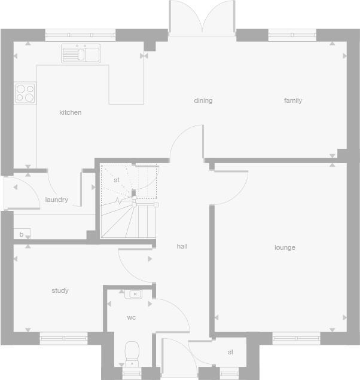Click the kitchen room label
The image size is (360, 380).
pos(70,112)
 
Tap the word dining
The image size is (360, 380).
pos(203,100)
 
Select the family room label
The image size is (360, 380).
pos(293,100)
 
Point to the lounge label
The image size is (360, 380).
pos(285,247)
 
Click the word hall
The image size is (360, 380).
pos(182,246)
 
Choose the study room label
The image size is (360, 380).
pos(60,290)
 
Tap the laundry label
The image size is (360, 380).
pos(57,200)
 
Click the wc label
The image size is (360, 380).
pos(131,317)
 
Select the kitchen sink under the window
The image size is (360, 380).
pos(81,54)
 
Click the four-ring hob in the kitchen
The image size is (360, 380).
pos(25,93)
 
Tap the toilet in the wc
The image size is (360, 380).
pos(132,353)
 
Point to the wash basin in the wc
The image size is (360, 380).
pos(134,294)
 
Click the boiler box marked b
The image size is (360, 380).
pos(22,234)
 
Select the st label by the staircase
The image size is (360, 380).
pos(117,180)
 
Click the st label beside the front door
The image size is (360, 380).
pos(230,353)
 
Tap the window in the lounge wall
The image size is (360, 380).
pos(297,338)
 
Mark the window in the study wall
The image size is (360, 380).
pos(63,338)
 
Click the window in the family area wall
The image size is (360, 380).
pos(292,35)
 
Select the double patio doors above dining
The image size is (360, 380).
pos(203,18)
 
